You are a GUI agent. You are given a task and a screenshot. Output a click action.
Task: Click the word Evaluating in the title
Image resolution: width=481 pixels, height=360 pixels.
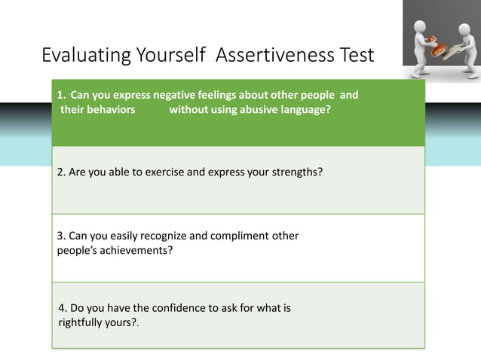tap(82, 56)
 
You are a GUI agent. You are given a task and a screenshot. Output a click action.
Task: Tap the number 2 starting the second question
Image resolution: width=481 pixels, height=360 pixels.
tap(60, 172)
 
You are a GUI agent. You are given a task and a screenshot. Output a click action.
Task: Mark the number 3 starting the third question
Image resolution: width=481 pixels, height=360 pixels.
tap(60, 236)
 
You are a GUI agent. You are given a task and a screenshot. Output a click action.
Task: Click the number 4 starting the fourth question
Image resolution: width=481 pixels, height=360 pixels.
tap(62, 308)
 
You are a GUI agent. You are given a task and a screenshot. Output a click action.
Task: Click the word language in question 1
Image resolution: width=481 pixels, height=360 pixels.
tap(304, 109)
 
